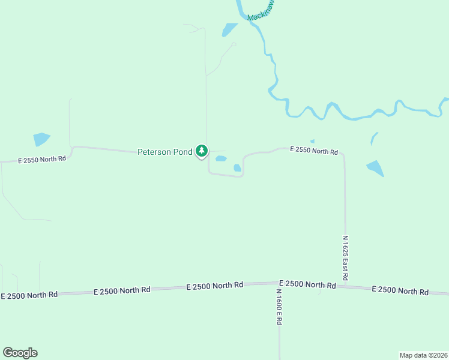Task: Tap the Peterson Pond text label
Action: click(x=165, y=152)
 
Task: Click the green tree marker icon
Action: click(x=202, y=151)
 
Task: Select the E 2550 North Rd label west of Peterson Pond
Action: click(x=41, y=160)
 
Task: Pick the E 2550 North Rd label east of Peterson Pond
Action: click(x=314, y=150)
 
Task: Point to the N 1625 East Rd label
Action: click(x=346, y=258)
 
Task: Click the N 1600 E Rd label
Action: click(x=279, y=307)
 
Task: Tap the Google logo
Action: click(x=20, y=353)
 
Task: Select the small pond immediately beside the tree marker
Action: click(x=221, y=159)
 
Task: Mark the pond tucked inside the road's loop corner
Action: click(x=237, y=168)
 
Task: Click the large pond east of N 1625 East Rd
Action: click(x=375, y=168)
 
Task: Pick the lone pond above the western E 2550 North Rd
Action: click(x=41, y=139)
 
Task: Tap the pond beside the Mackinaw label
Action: click(x=230, y=29)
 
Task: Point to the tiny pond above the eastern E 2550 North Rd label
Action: click(x=312, y=142)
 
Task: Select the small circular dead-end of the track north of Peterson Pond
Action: click(x=234, y=44)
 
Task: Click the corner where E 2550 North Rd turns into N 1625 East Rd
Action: click(x=343, y=154)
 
